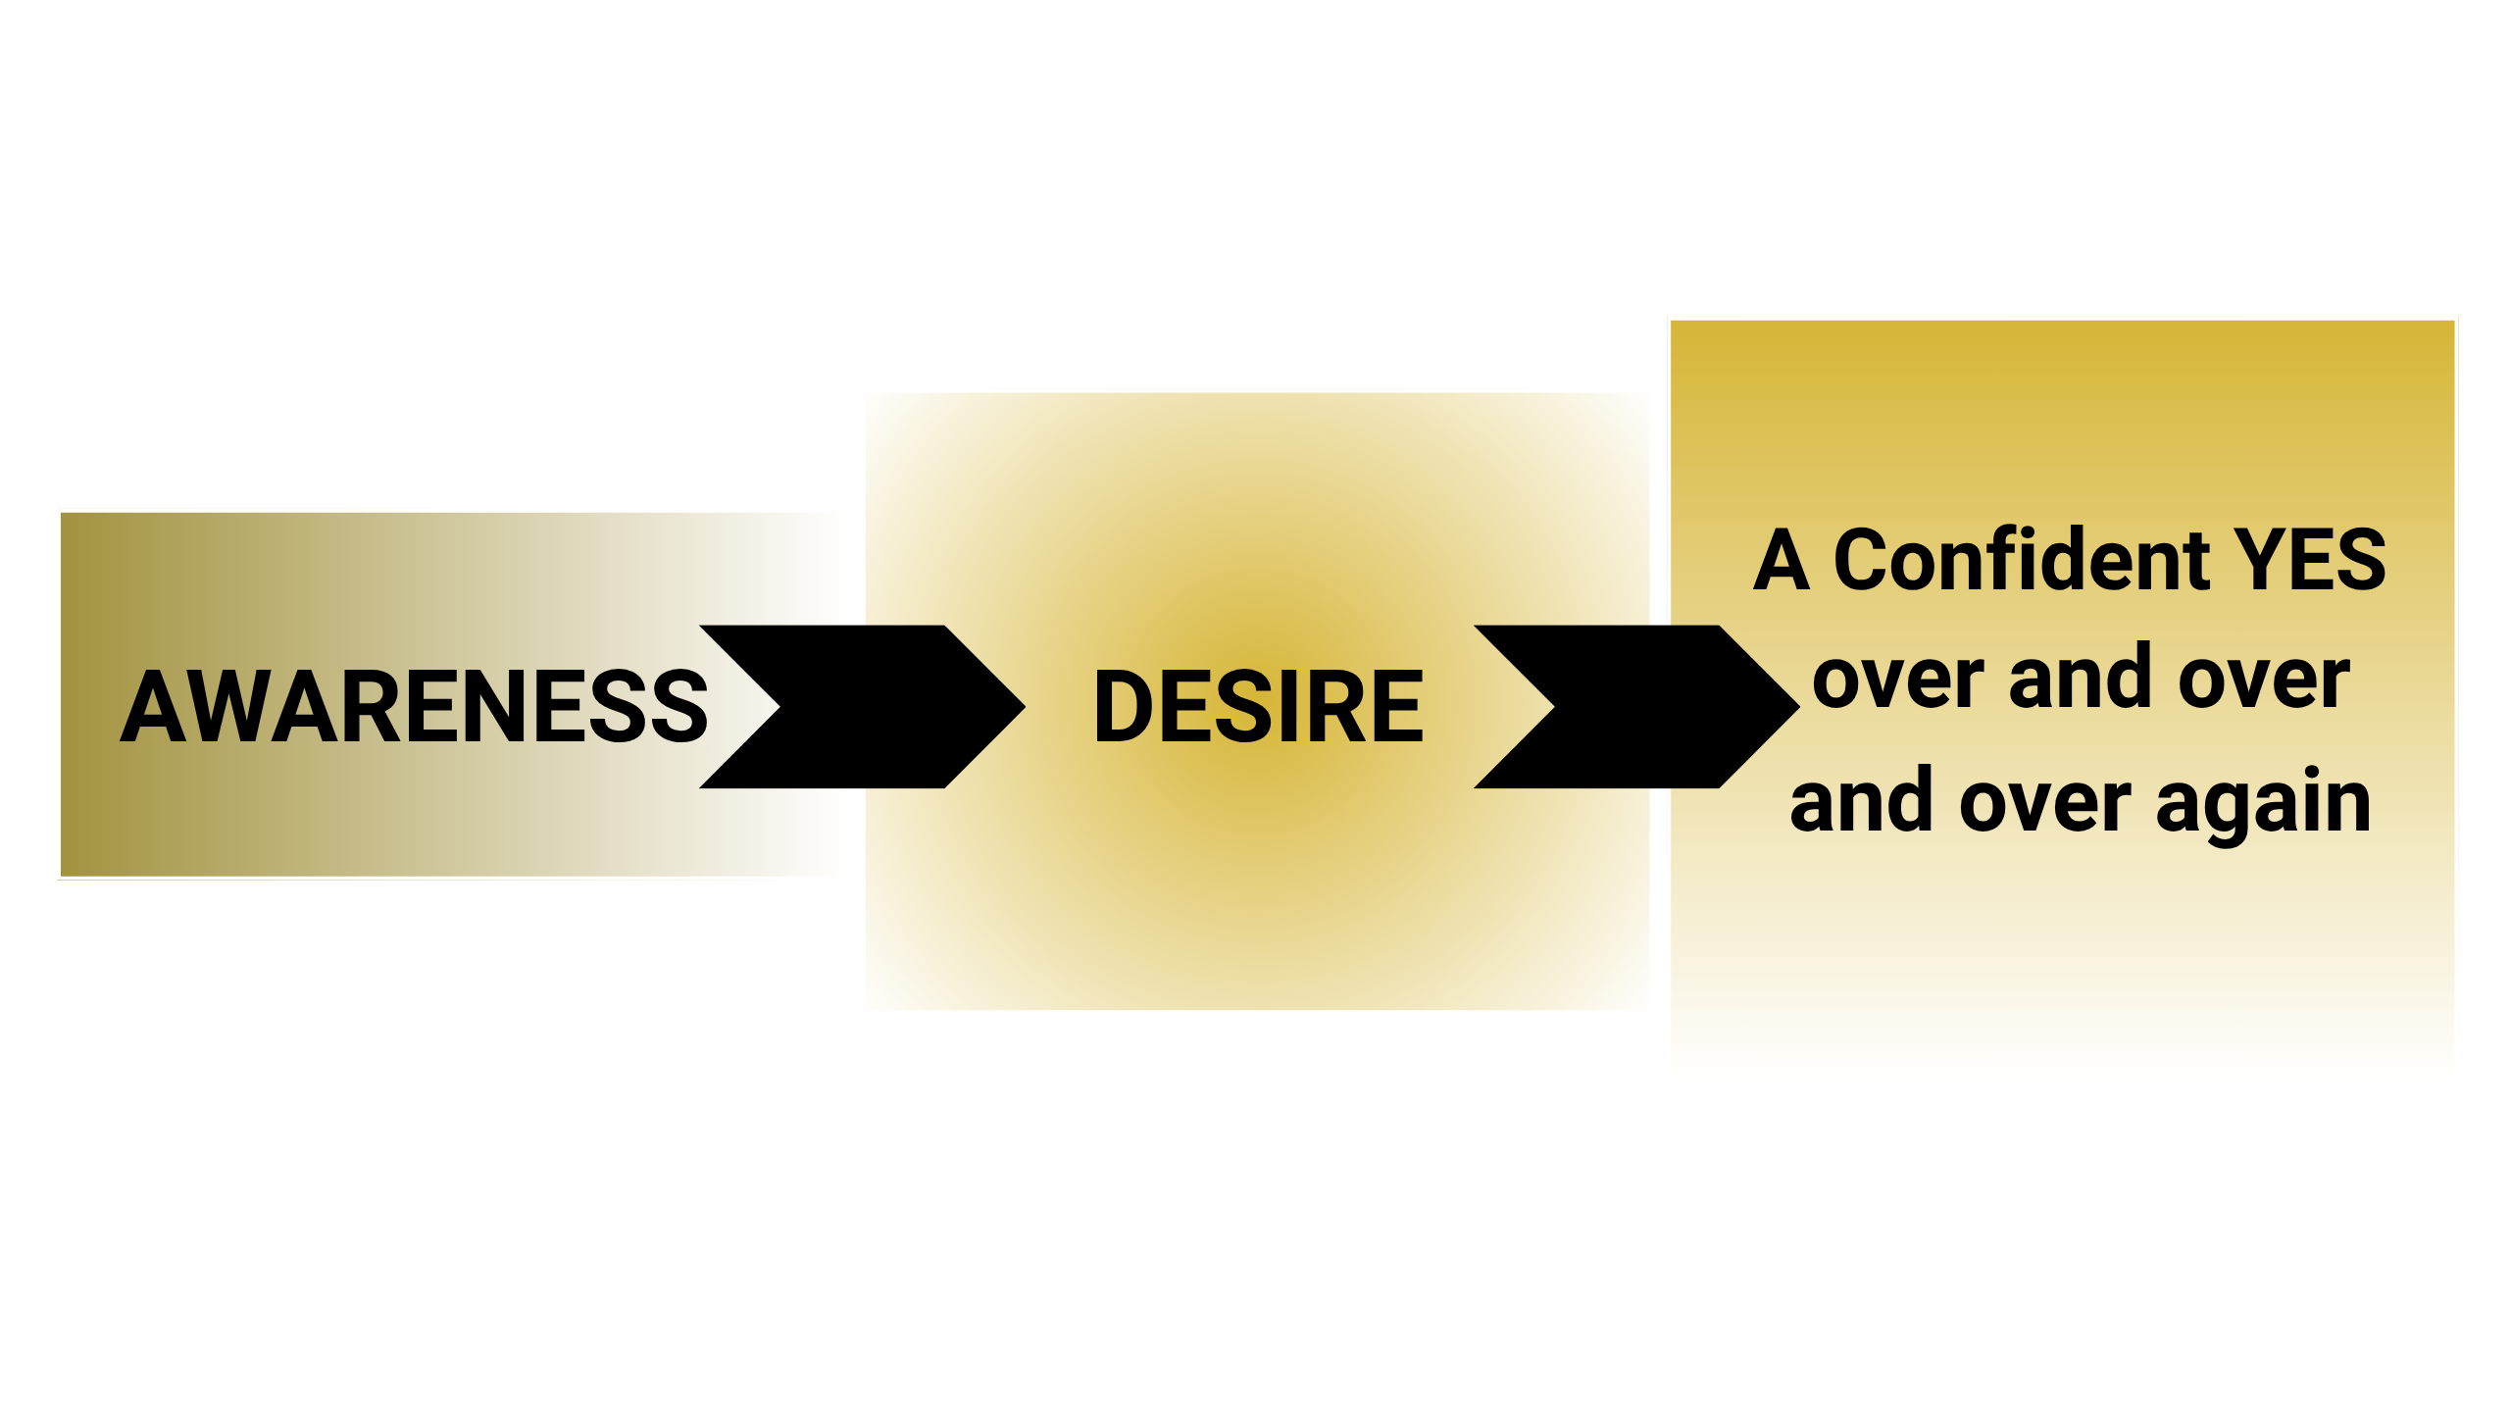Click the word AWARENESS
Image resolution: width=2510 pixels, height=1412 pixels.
coord(414,706)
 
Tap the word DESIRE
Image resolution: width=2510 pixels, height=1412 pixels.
coord(1258,706)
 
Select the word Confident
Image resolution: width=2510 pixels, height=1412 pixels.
coord(2020,560)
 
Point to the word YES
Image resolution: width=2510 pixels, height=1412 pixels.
coord(2309,560)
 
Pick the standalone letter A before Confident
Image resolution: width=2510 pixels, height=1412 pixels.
coord(1781,560)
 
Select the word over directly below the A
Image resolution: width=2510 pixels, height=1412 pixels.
coord(1898,681)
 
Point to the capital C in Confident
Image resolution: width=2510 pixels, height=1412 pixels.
coord(1869,560)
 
